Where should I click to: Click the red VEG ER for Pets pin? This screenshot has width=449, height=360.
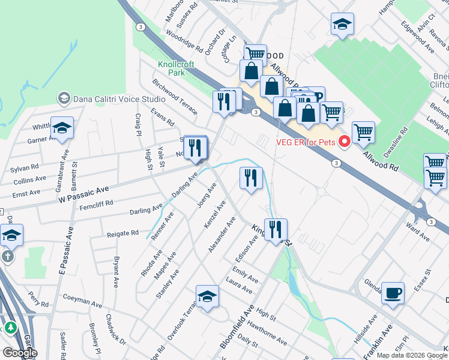coord(345,142)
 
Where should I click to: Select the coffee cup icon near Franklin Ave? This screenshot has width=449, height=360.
coord(393,293)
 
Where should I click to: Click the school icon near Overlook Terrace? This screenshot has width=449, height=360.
coord(207,296)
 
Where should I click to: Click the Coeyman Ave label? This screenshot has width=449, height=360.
coord(85,296)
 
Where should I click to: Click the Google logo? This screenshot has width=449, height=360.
coord(20,352)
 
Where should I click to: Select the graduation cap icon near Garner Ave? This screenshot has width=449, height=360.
coord(62,128)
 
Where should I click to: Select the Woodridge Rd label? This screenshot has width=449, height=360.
coord(185,41)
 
